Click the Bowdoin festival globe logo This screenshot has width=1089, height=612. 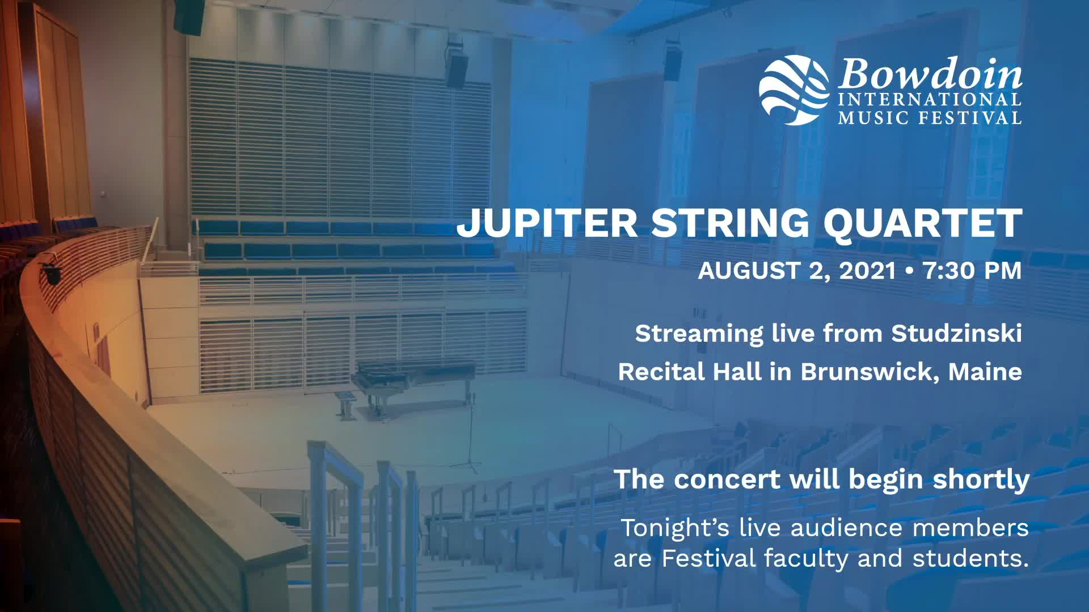(794, 90)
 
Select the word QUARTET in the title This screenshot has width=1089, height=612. (923, 223)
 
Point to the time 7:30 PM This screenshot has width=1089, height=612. (972, 270)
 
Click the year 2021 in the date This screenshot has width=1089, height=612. (867, 271)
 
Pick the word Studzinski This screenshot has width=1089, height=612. (956, 333)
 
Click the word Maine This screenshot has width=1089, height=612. (985, 372)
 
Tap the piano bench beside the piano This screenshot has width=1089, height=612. (346, 403)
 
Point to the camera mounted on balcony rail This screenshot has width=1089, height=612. (52, 273)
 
